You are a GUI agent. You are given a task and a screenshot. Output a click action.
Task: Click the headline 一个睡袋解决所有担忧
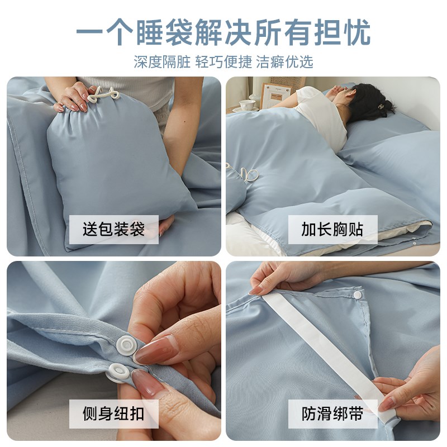coord(223,32)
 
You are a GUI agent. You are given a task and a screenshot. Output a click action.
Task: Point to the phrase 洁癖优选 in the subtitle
coord(285,62)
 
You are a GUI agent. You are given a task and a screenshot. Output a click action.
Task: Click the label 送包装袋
coord(113,229)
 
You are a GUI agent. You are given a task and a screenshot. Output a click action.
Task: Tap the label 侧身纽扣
coord(113,414)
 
